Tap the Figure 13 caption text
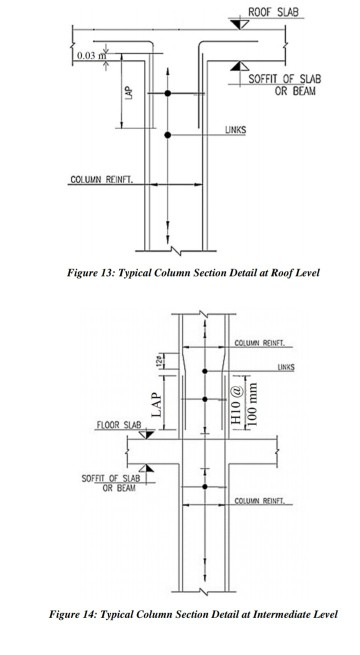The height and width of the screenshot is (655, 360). pos(179,272)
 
